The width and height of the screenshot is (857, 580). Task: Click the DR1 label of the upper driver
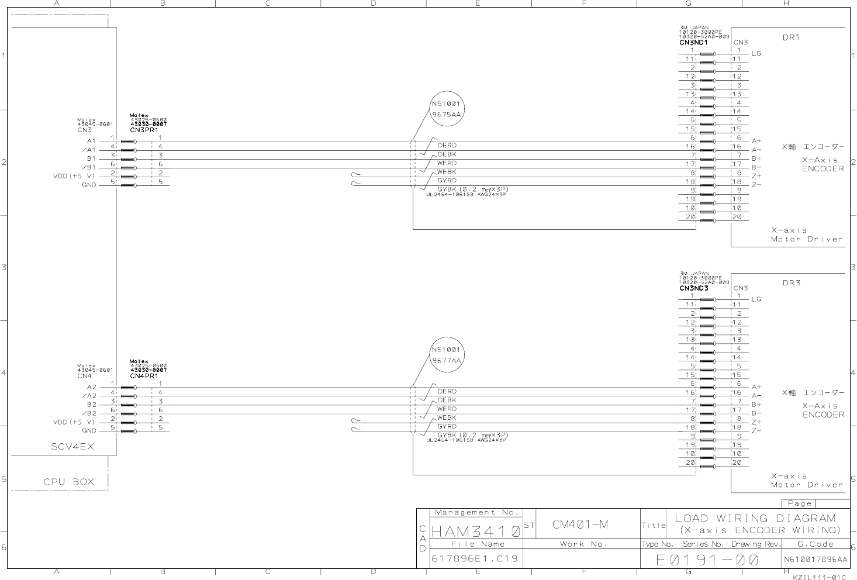[790, 37]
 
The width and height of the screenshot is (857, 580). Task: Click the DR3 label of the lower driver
[790, 284]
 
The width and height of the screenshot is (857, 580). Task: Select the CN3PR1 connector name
[144, 130]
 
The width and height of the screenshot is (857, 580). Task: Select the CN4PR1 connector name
[144, 376]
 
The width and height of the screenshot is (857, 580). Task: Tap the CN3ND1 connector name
[694, 43]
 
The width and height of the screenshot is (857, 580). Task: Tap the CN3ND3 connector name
[694, 288]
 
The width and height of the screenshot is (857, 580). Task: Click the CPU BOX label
[68, 482]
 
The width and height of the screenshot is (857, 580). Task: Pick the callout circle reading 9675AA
[447, 109]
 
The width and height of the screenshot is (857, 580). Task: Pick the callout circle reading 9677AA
[447, 355]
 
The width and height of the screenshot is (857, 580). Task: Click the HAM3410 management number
[475, 533]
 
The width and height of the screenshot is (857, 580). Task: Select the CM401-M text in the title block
[580, 524]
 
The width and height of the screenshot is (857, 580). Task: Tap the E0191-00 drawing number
[707, 561]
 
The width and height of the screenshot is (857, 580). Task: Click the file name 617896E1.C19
[474, 559]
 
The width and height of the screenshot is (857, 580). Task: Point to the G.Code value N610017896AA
[815, 560]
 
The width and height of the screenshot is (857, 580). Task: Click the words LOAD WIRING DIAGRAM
[755, 519]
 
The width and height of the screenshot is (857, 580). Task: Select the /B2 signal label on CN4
[89, 413]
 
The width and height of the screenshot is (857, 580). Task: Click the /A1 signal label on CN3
[89, 150]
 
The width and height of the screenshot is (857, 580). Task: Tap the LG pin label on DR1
[756, 54]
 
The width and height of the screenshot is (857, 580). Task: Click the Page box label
[799, 503]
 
